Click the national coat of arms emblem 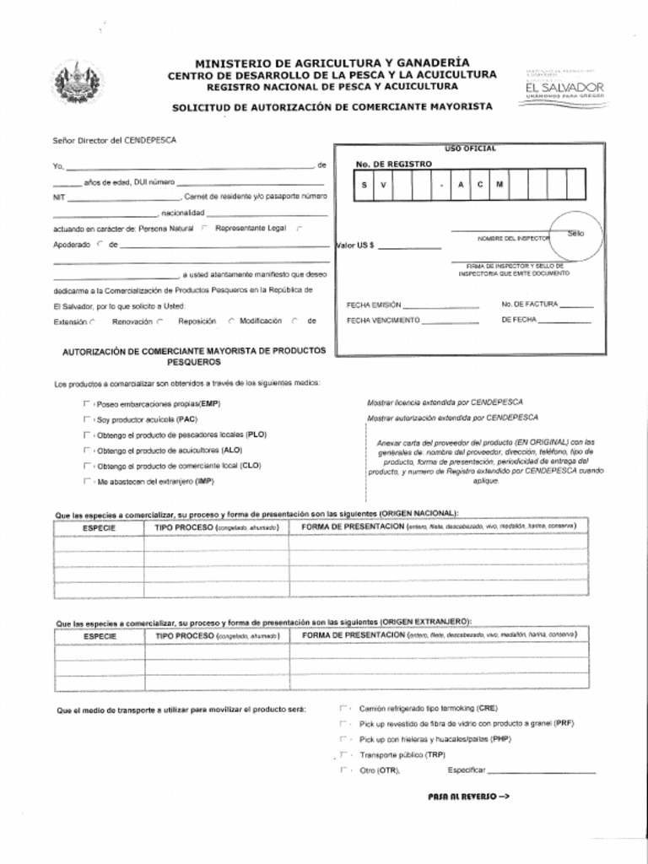[x=77, y=83]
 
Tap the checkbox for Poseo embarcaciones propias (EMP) [x=86, y=403]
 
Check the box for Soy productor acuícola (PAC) [x=86, y=418]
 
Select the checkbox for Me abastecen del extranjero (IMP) [x=86, y=481]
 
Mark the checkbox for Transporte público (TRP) [x=343, y=754]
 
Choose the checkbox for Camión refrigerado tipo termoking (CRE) [x=343, y=709]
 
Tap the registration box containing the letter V [x=382, y=185]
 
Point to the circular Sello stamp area [x=575, y=234]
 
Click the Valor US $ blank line [x=409, y=246]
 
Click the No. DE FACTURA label [x=529, y=305]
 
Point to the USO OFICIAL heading [x=470, y=148]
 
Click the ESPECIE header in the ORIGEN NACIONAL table [x=99, y=527]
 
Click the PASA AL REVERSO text [x=468, y=796]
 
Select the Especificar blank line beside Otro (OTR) [x=542, y=770]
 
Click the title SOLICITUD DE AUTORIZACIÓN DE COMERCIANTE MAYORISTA [x=332, y=107]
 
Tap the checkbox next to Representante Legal [x=300, y=228]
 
